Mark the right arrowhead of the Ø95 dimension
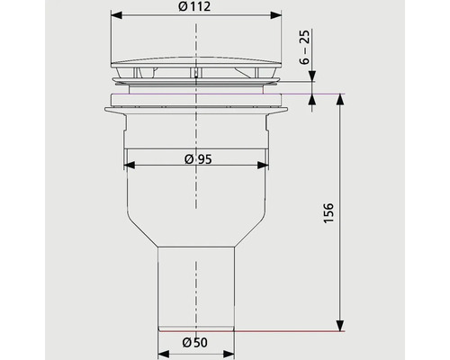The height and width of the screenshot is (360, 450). [262, 166]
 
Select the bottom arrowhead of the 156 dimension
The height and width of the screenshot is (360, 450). [341, 328]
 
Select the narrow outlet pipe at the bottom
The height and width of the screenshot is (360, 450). [196, 288]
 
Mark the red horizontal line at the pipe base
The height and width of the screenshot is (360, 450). [288, 332]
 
